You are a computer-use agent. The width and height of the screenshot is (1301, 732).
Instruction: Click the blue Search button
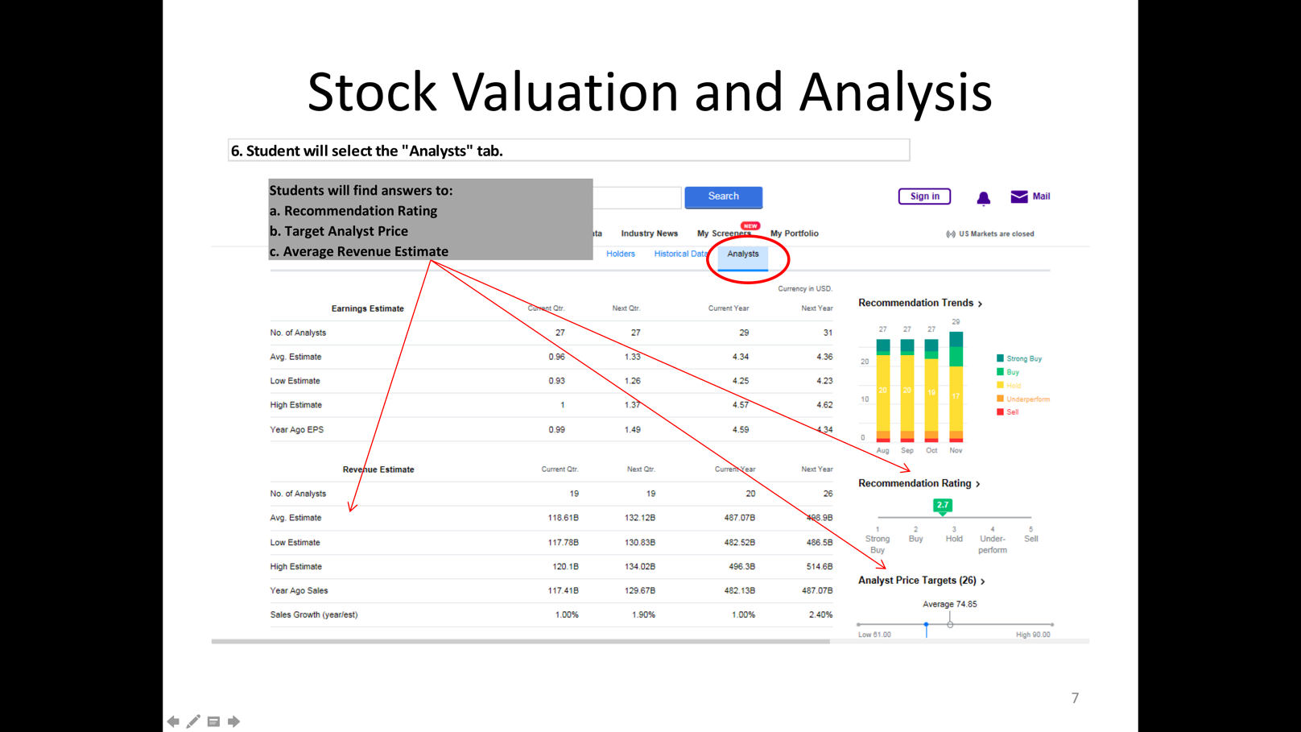[x=723, y=196]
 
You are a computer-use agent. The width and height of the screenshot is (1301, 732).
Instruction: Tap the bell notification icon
[x=983, y=198]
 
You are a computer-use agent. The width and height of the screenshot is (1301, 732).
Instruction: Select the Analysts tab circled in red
[x=742, y=254]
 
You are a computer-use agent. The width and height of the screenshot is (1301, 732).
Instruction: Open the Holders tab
[x=620, y=254]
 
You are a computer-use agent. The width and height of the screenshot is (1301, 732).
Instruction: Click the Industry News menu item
[x=649, y=234]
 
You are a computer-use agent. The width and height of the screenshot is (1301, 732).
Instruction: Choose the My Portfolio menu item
[x=794, y=234]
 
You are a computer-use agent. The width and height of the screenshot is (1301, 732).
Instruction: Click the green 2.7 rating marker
[x=942, y=505]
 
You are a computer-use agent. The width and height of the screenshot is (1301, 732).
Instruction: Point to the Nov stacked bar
[x=956, y=387]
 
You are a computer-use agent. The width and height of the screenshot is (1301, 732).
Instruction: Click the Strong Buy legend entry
[x=1023, y=358]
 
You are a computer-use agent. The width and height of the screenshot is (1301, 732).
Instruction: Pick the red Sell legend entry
[x=1011, y=412]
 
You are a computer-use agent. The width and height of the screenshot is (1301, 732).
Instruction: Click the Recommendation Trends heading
[x=916, y=303]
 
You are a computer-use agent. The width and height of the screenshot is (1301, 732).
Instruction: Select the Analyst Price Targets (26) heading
[x=917, y=581]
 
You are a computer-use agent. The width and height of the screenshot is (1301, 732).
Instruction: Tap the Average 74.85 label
[x=949, y=604]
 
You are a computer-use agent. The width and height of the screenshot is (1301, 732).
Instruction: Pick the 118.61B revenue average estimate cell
[x=563, y=518]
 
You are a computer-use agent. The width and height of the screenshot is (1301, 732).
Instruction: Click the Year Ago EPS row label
[x=297, y=430]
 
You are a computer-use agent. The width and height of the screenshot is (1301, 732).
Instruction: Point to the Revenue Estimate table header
[x=378, y=469]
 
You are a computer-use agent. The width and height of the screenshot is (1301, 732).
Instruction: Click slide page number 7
[x=1075, y=698]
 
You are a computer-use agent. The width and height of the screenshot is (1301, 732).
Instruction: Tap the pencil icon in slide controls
[x=193, y=722]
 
